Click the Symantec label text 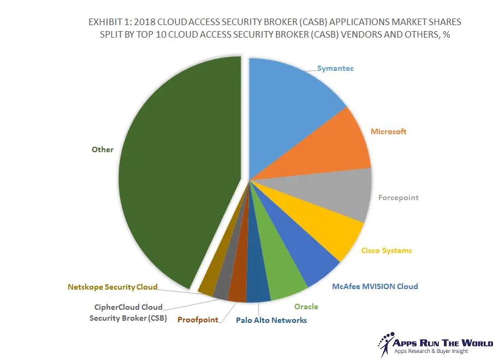click(x=335, y=69)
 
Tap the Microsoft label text click(x=388, y=131)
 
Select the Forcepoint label click(x=398, y=197)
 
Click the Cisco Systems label click(x=387, y=250)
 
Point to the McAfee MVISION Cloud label click(x=375, y=286)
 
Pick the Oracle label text click(x=306, y=307)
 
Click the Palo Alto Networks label click(x=271, y=320)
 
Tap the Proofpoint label click(x=198, y=320)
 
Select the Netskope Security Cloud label click(x=112, y=287)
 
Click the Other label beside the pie click(x=103, y=149)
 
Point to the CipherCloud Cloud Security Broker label click(x=128, y=313)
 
